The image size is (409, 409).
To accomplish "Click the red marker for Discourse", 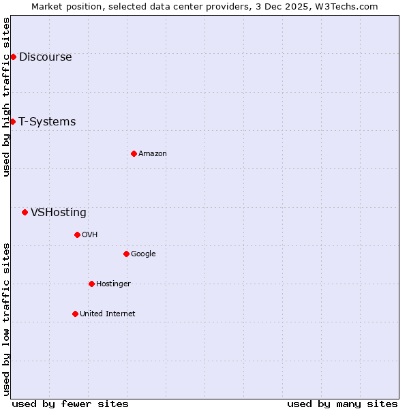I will [x=13, y=57].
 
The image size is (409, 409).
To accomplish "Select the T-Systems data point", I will [x=12, y=121].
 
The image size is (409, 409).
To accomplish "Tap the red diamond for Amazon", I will [x=134, y=153].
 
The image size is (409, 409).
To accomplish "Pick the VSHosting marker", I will [x=25, y=212].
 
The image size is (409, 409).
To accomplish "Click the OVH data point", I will [x=77, y=234].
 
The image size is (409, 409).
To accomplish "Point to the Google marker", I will [x=126, y=254].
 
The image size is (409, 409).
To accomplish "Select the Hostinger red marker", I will [x=91, y=284].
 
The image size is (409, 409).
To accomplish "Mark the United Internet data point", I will [x=75, y=314].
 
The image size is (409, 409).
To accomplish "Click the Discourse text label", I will [x=45, y=57].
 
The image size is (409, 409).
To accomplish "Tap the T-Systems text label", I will [x=47, y=121].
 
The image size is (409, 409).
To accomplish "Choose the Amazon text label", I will [x=153, y=153].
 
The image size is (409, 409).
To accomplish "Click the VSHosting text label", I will [x=59, y=212].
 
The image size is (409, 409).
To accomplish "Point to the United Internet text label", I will [x=108, y=314].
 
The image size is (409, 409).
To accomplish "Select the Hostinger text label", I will [x=113, y=284].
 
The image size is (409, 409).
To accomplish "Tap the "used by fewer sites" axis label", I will [x=70, y=404].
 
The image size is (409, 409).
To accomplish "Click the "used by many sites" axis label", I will [x=342, y=404].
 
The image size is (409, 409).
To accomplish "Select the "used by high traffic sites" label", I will [x=6, y=97].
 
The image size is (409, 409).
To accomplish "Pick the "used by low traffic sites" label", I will [x=6, y=319].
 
